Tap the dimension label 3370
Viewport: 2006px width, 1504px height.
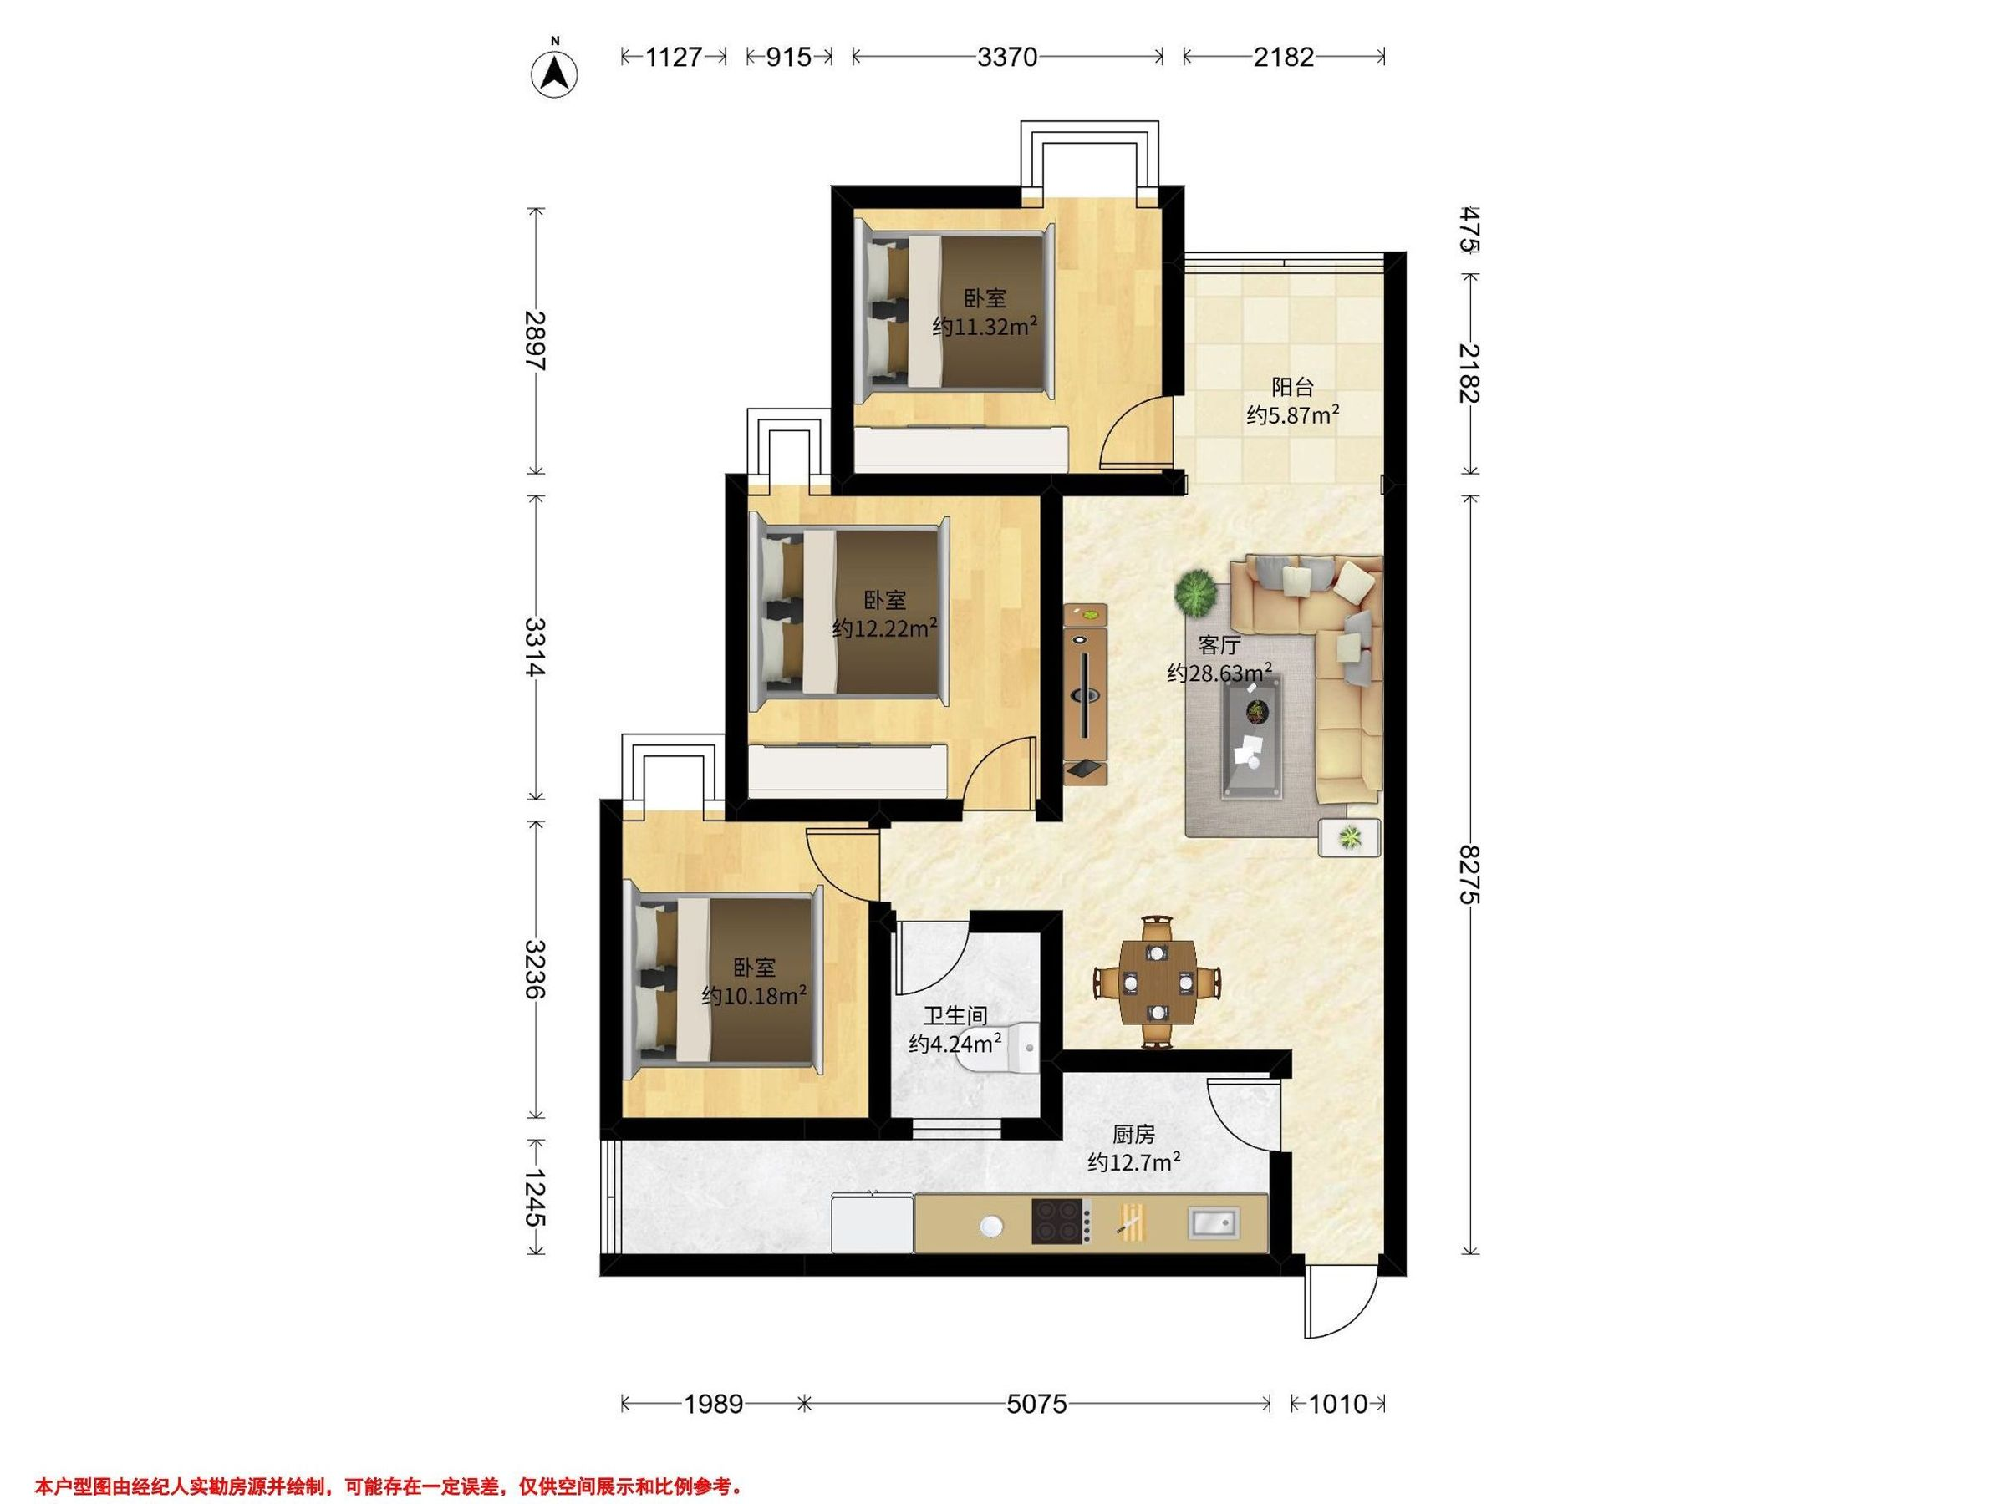(x=1006, y=57)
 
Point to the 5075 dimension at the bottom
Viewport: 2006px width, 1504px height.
(x=1036, y=1405)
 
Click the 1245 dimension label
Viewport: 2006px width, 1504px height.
(x=536, y=1197)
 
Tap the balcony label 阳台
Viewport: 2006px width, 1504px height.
(x=1292, y=388)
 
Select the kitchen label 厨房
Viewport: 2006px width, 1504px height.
(x=1133, y=1134)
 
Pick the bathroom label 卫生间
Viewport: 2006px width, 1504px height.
(x=956, y=1016)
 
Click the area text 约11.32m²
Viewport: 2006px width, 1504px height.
(x=985, y=327)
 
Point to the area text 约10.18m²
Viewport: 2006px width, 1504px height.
(x=755, y=995)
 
